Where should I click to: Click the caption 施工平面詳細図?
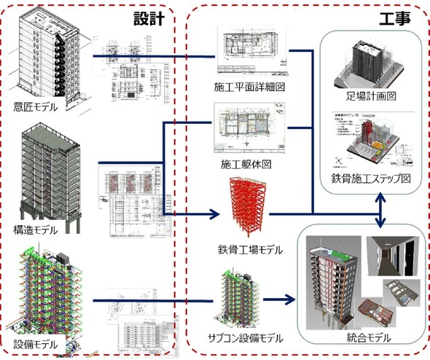coord(249,87)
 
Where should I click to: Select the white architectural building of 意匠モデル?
coord(48,51)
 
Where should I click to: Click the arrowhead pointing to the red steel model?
coord(216,215)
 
